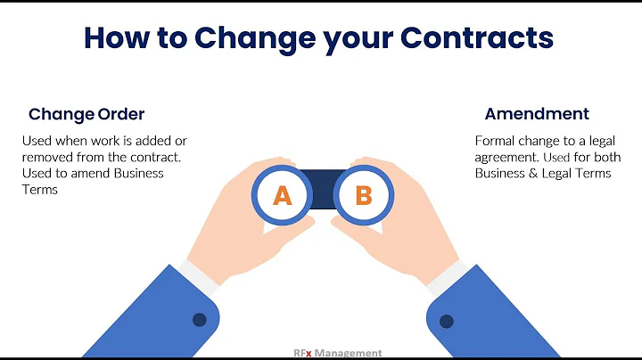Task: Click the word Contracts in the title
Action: [x=477, y=37]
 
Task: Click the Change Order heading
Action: [x=86, y=114]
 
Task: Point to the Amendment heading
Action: [x=537, y=114]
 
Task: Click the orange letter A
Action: [x=282, y=195]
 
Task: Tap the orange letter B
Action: [x=363, y=195]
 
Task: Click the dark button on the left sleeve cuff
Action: [x=199, y=319]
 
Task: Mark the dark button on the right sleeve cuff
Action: [x=446, y=319]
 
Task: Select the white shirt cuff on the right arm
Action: [x=447, y=274]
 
